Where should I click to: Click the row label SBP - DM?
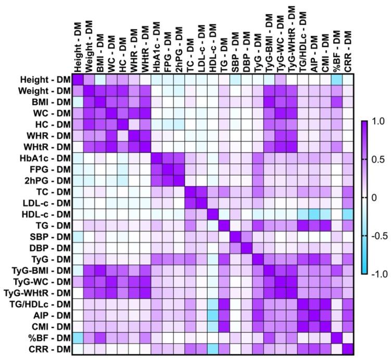51,237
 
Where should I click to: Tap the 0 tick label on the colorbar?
371,197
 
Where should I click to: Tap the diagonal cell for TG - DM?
224,226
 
